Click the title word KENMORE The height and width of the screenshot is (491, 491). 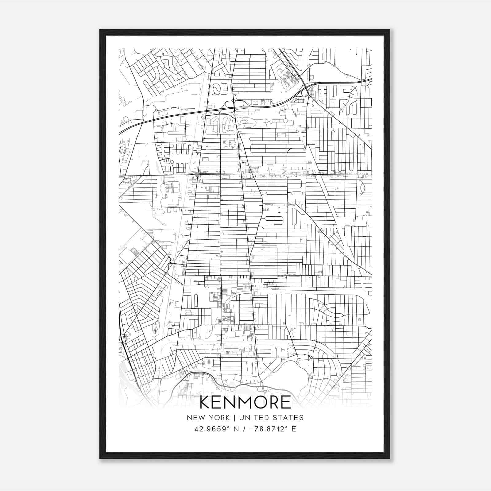[x=245, y=402]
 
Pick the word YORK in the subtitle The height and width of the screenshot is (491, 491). [x=218, y=418]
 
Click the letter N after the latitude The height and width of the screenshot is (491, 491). [x=236, y=429]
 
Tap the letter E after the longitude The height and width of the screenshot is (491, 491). [x=294, y=429]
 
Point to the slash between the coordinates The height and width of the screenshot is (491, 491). [x=245, y=429]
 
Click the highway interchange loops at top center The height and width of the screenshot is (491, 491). [x=234, y=104]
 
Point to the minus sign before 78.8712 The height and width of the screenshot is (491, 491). [x=253, y=429]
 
